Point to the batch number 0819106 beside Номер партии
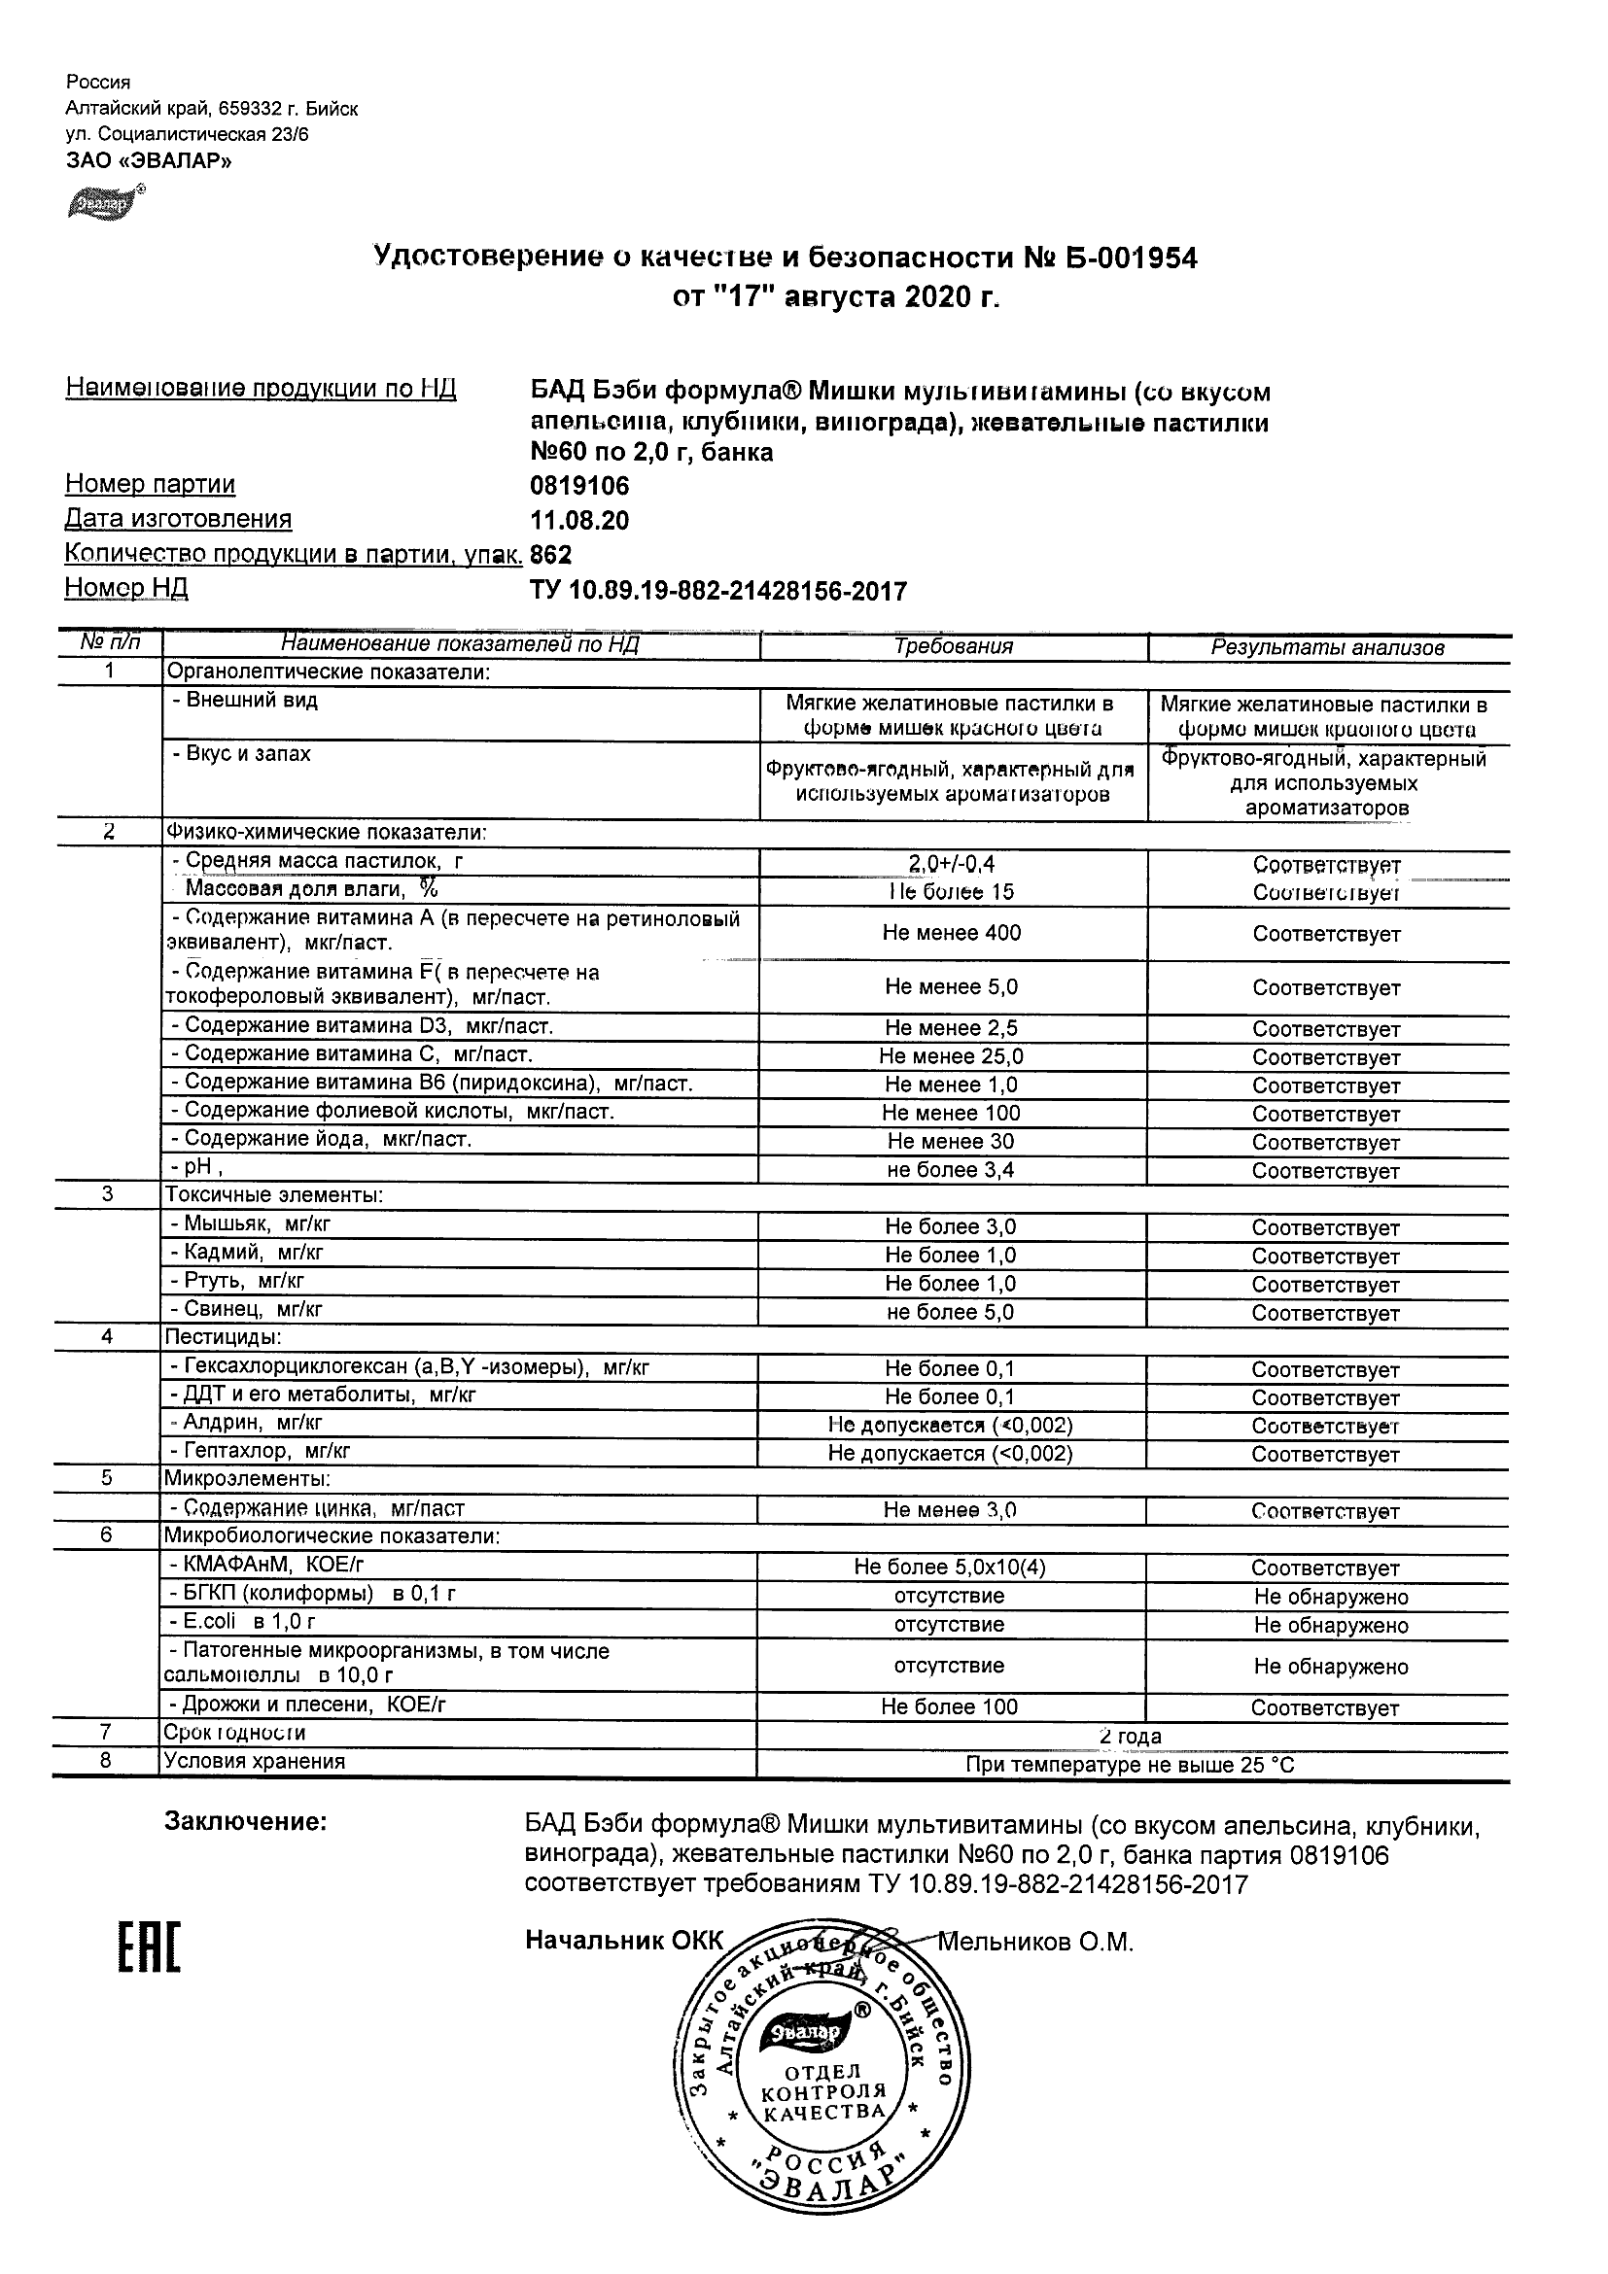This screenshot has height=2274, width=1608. point(579,485)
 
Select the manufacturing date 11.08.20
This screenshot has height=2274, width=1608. point(579,521)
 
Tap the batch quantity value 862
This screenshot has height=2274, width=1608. point(552,555)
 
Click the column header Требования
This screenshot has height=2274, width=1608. point(953,647)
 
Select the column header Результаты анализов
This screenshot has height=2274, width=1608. point(1328,648)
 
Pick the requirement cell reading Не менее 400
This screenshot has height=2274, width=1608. point(951,933)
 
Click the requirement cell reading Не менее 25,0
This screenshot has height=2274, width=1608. point(951,1056)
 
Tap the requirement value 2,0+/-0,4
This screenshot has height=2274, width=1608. point(951,865)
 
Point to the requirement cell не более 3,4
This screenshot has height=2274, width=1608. point(951,1170)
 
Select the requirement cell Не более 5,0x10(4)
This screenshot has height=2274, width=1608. point(950,1567)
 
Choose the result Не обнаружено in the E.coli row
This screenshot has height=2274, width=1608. point(1331,1625)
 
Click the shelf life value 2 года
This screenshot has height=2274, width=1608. point(1131,1737)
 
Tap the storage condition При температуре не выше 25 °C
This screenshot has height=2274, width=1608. point(1130,1765)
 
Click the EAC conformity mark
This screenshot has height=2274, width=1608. point(150,1948)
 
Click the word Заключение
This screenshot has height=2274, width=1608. point(245,1821)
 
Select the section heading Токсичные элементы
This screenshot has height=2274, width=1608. point(273,1195)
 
